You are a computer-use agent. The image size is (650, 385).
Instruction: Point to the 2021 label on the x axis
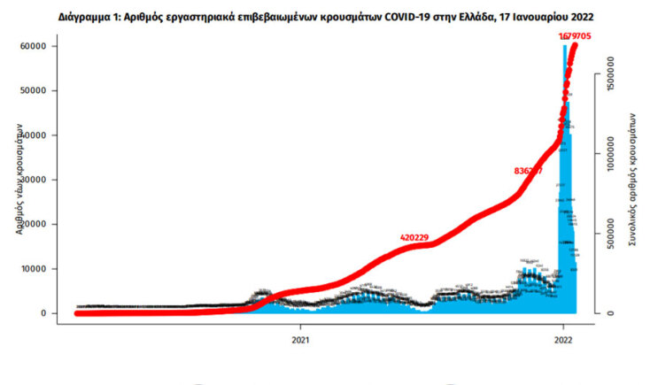pos(301,338)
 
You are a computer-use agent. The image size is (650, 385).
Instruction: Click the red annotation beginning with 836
pos(528,171)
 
